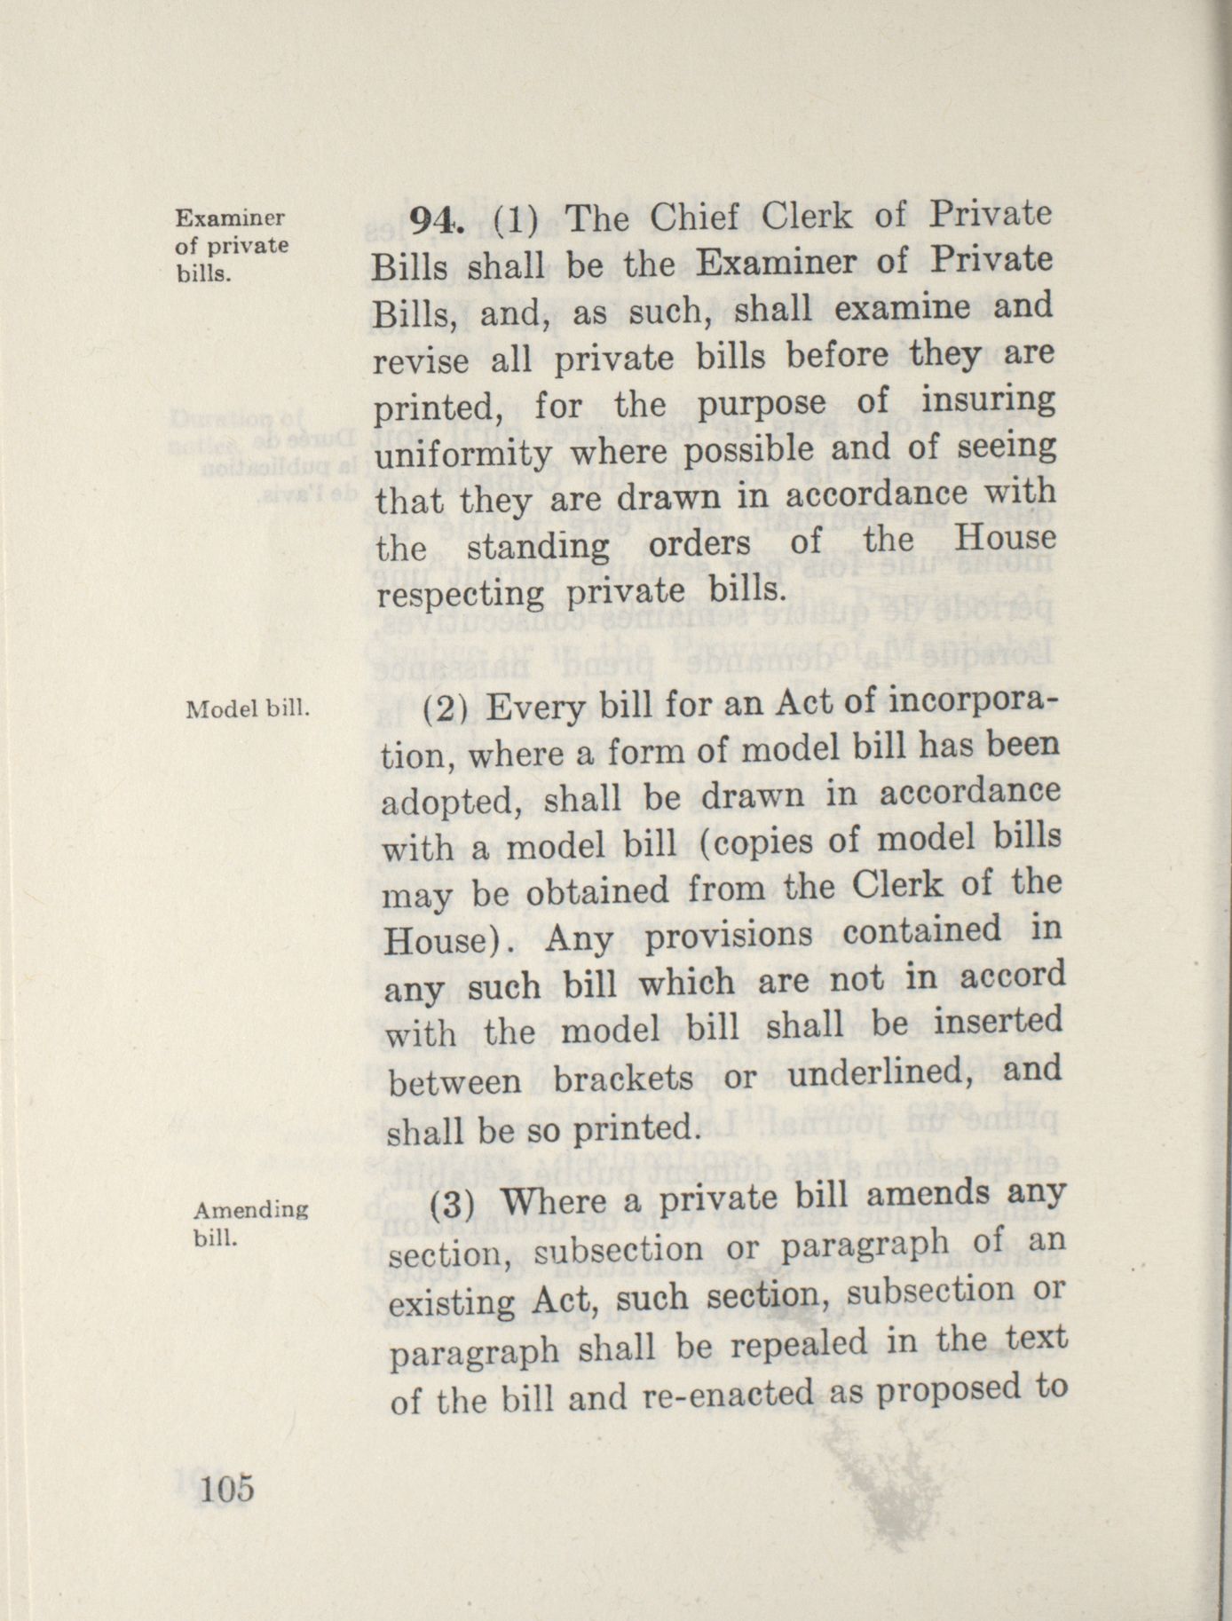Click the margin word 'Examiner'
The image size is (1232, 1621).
click(230, 218)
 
